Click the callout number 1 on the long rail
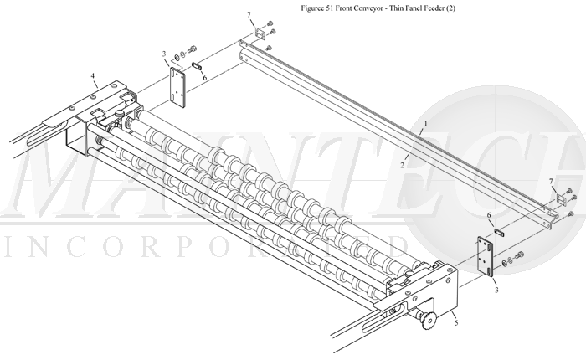click(x=425, y=123)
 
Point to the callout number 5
click(x=455, y=321)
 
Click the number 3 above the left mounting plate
click(x=164, y=54)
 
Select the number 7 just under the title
click(x=249, y=15)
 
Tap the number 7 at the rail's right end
click(x=550, y=181)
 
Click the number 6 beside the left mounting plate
click(x=204, y=77)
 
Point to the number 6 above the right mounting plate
click(x=489, y=215)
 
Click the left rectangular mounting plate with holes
click(x=178, y=86)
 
